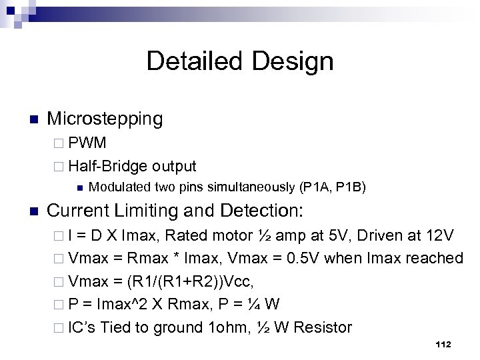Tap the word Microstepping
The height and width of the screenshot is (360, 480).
tap(105, 119)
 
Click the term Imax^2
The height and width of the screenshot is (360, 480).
tap(123, 304)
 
